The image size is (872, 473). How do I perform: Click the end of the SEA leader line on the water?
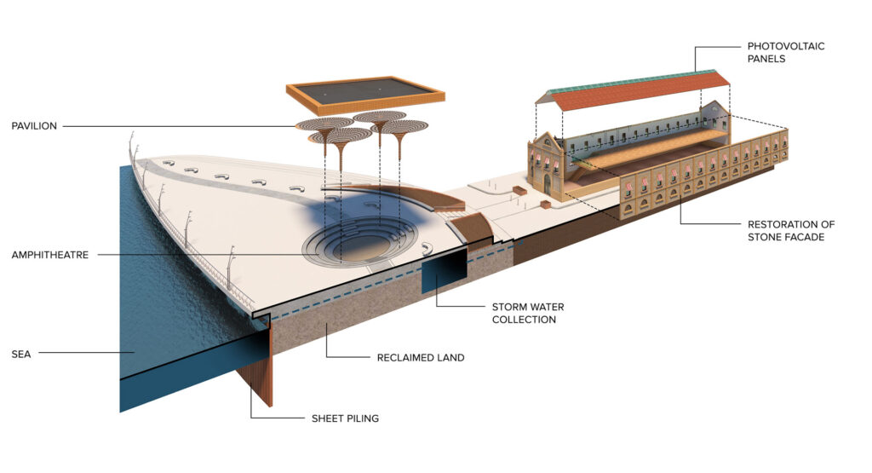pyautogui.click(x=135, y=353)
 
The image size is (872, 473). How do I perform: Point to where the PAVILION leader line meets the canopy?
pyautogui.click(x=296, y=126)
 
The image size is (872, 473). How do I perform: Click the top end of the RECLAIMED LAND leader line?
pyautogui.click(x=326, y=325)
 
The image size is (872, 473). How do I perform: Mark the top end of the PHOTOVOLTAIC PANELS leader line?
pyautogui.click(x=695, y=72)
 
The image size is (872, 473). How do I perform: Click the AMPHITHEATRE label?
pyautogui.click(x=50, y=255)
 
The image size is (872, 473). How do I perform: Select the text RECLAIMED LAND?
pyautogui.click(x=421, y=358)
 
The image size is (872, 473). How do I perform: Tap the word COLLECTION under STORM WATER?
pyautogui.click(x=524, y=320)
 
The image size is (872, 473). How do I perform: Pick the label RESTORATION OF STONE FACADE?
pyautogui.click(x=791, y=231)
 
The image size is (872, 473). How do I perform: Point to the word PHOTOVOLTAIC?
pyautogui.click(x=786, y=46)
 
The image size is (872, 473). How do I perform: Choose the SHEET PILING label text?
pyautogui.click(x=345, y=418)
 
